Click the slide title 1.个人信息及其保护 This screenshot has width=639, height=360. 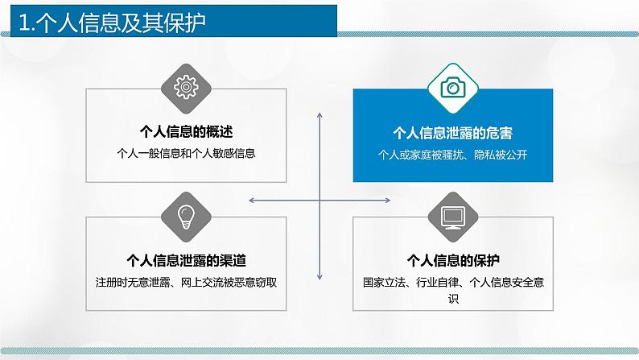[x=113, y=21]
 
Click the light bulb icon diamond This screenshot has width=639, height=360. [x=186, y=215]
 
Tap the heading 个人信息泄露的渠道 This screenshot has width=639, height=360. [x=186, y=260]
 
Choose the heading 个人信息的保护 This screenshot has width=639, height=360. [x=453, y=260]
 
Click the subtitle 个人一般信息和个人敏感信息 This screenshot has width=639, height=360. [x=186, y=152]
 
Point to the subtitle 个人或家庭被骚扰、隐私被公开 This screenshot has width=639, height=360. [x=453, y=152]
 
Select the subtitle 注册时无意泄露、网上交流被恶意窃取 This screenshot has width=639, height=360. [x=186, y=282]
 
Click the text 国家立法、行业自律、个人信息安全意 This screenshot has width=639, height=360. [x=453, y=282]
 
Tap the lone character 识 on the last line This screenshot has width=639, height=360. [x=453, y=298]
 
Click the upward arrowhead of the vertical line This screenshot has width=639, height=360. [x=320, y=116]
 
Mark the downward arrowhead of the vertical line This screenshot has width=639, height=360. [x=320, y=278]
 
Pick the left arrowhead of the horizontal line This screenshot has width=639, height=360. [x=252, y=198]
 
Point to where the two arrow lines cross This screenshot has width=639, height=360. [x=320, y=198]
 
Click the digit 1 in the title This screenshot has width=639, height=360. [x=24, y=21]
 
